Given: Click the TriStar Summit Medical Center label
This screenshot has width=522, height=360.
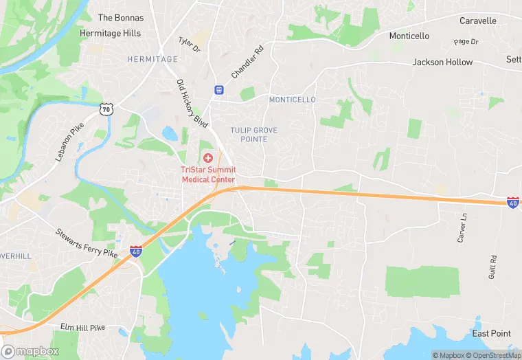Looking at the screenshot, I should [x=208, y=175].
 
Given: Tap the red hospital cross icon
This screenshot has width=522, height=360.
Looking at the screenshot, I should [x=208, y=158].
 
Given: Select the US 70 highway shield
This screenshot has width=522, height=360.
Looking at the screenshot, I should [x=105, y=109].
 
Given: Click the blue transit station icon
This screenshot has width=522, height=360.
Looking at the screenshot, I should [x=219, y=89].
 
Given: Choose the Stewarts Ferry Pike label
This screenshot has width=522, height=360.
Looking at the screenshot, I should [x=87, y=243].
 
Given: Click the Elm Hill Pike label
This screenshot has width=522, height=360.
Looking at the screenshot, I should [x=82, y=328].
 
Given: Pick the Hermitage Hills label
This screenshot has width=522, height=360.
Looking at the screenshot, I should [x=110, y=33].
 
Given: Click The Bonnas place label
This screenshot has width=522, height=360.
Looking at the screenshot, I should [x=121, y=17].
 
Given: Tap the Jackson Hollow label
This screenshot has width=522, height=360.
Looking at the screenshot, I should [x=442, y=62].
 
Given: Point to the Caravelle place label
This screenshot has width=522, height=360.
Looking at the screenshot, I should [x=478, y=21].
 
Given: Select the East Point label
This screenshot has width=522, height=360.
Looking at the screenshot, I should [x=491, y=333].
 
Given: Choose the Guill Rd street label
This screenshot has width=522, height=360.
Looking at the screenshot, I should [x=493, y=267].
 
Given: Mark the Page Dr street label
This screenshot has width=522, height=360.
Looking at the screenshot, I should [x=466, y=42].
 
